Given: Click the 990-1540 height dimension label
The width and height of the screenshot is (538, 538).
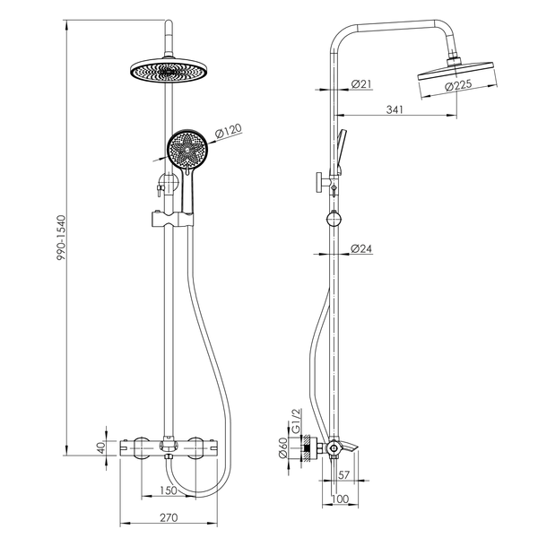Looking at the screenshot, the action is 61,238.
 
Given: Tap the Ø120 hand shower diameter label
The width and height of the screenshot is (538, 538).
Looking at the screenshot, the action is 229,132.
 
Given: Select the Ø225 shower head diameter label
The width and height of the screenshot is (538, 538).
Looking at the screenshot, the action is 458,85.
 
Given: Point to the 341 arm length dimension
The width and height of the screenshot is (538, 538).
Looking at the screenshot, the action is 395,109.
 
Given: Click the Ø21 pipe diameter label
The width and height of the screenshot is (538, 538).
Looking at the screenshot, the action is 361,83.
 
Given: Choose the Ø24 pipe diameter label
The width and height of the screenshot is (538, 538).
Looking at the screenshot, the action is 361,248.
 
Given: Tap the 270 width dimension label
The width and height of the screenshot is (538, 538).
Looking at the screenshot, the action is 169,517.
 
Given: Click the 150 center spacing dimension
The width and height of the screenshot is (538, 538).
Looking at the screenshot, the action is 169,490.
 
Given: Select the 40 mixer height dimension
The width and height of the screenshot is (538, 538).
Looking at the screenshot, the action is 101,447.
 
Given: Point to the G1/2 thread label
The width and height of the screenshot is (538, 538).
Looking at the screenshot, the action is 295,421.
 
